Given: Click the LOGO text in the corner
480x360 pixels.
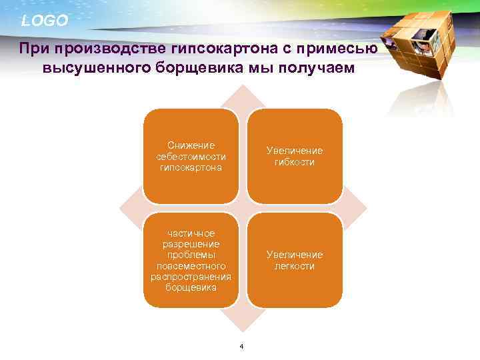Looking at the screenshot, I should [45, 21].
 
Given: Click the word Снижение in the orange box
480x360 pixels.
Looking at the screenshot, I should [191, 145].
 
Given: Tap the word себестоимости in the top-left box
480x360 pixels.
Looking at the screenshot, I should [191, 157].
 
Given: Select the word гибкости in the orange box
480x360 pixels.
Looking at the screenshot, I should [294, 162].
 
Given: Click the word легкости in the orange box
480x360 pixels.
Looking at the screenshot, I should [294, 266].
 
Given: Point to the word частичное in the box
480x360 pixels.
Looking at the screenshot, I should [191, 233].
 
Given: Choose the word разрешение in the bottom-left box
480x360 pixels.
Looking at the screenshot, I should [191, 244].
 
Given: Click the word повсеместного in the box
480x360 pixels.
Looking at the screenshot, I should [191, 266].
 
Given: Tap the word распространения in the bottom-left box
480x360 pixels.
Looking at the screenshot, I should [191, 277].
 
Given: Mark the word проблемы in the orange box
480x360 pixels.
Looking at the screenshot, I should [191, 255].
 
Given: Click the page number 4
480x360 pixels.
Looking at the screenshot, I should [241, 345].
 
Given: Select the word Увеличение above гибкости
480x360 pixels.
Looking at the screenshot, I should [294, 151].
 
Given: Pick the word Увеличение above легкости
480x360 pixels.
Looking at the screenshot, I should [294, 255].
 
